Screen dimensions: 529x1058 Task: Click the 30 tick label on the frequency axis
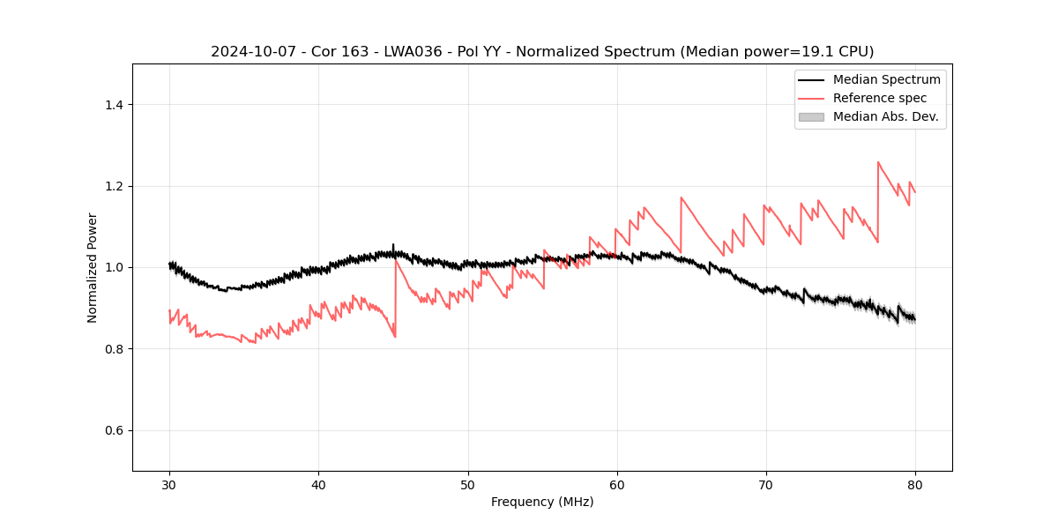[169, 485]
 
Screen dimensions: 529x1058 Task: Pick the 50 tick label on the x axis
[468, 485]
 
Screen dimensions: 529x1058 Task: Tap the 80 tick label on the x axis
[915, 485]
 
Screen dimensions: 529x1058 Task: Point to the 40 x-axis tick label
[318, 485]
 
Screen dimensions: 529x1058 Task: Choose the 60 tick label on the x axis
[617, 485]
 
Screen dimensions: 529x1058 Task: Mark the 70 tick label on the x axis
[766, 485]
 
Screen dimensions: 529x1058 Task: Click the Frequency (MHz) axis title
[542, 502]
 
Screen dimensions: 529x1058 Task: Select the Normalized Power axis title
[93, 267]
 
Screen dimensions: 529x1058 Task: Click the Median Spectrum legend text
[886, 79]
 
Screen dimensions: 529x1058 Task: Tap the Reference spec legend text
[880, 98]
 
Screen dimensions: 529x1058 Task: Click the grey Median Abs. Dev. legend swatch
[811, 116]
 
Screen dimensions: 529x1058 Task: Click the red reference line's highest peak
[878, 162]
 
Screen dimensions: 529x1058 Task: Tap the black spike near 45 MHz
[393, 245]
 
